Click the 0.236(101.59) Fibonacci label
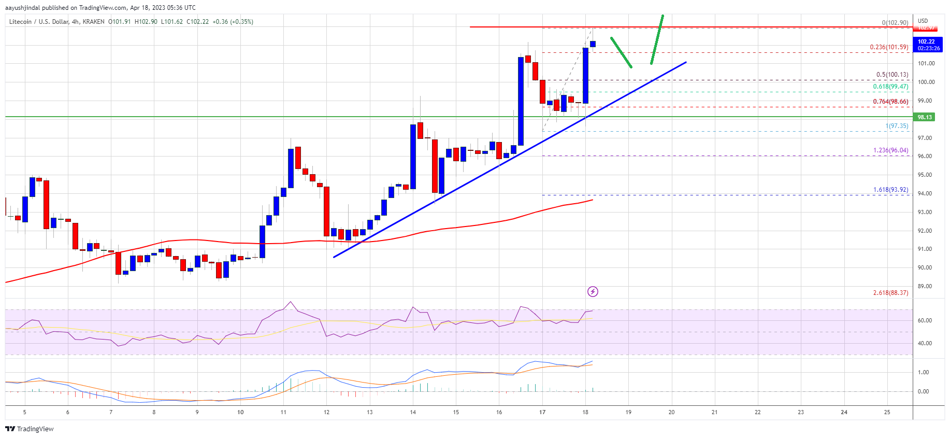tap(889, 47)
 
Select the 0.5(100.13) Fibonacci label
tap(892, 75)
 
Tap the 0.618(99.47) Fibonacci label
tap(890, 87)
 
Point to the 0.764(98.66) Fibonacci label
tap(890, 102)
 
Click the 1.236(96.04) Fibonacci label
tap(890, 150)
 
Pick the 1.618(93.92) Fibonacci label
tap(890, 190)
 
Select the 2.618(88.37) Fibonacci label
tap(890, 293)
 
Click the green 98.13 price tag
tap(925, 117)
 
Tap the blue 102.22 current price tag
tap(926, 41)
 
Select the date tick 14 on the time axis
tap(413, 413)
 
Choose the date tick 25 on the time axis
tap(887, 413)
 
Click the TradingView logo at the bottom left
tap(30, 429)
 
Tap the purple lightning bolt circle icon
tap(593, 292)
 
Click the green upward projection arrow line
tap(657, 39)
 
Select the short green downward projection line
tap(621, 52)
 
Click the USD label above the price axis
tap(923, 21)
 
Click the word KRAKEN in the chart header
tap(94, 22)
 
